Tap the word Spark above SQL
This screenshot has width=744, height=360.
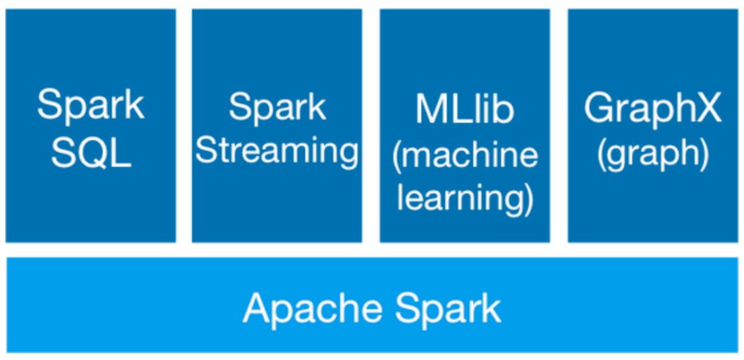coord(91,105)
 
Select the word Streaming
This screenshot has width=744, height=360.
coord(277,151)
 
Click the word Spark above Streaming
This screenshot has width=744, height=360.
coord(277,107)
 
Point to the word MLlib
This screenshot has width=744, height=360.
coord(465,109)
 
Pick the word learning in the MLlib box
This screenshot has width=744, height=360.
coord(460,199)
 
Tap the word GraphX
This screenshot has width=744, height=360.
coord(653,108)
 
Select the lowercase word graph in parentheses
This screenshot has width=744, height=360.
coord(653,155)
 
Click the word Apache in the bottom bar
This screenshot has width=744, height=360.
coord(312,308)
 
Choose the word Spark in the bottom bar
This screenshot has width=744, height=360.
coord(447,308)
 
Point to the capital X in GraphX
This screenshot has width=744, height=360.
coord(709,108)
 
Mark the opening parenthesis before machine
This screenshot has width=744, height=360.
coord(397,155)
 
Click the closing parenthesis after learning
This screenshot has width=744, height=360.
coord(529,199)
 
